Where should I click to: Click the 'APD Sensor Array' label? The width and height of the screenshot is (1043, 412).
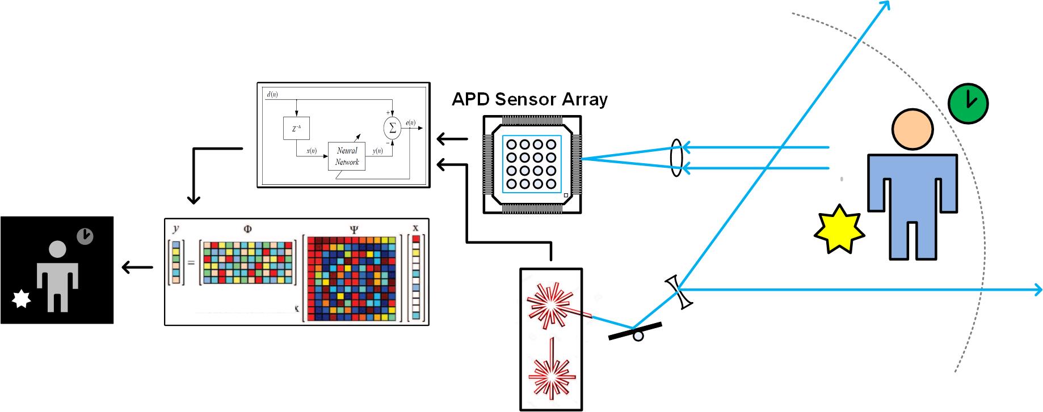click(x=529, y=99)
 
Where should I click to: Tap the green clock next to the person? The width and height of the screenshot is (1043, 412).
click(x=968, y=103)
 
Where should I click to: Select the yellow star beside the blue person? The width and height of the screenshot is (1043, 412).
click(x=839, y=230)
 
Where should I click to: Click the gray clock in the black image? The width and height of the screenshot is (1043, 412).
click(x=85, y=236)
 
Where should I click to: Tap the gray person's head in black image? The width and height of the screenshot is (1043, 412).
click(x=57, y=250)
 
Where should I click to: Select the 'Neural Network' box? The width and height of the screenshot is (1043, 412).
click(x=347, y=156)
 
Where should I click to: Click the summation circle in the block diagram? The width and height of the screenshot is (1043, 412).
click(x=392, y=129)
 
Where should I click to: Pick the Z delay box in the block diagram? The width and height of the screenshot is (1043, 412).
click(x=296, y=129)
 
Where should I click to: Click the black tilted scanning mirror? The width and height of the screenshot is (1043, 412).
click(x=635, y=331)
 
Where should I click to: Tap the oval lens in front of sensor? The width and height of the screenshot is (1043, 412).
click(x=676, y=158)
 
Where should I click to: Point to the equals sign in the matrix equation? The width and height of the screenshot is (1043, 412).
click(x=191, y=262)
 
